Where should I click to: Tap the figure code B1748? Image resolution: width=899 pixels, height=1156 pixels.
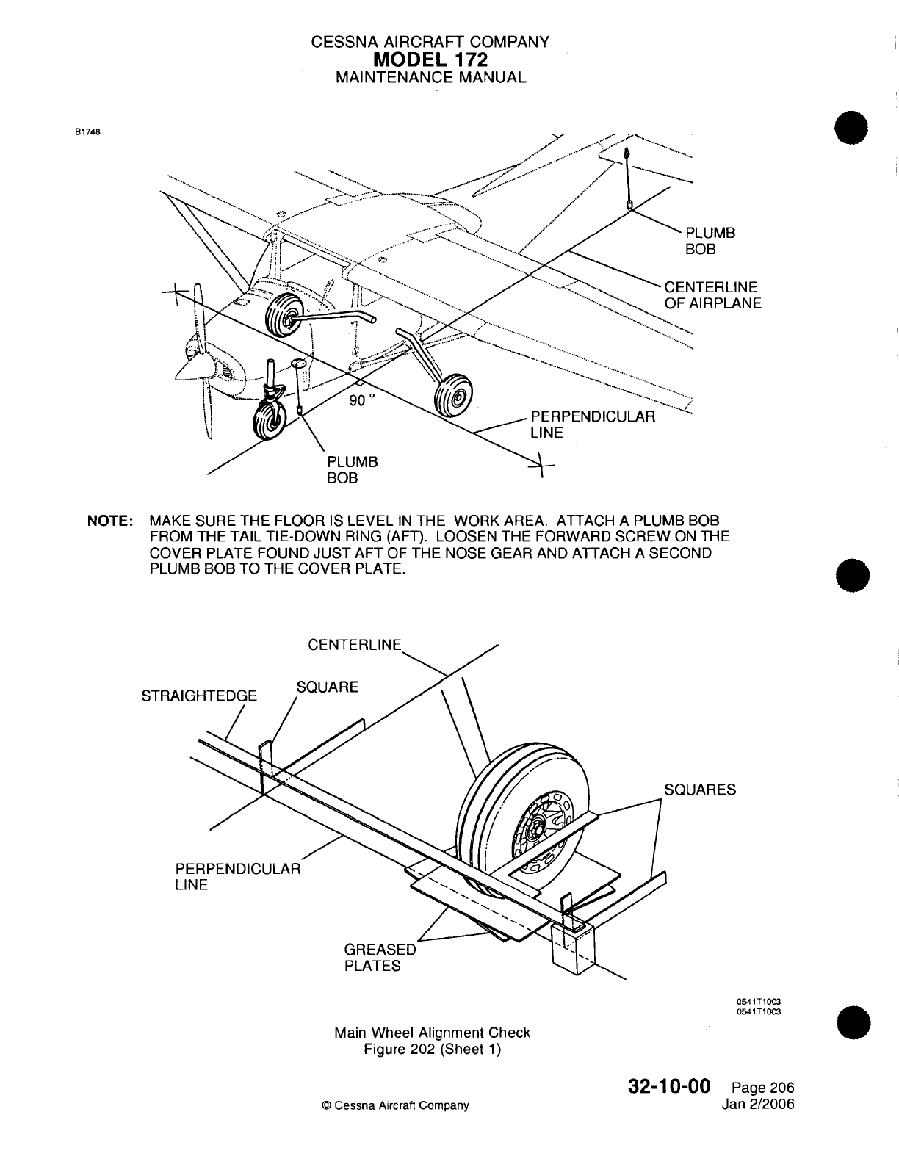pos(87,133)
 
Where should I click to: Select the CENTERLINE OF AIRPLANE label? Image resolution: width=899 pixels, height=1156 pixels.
pos(712,295)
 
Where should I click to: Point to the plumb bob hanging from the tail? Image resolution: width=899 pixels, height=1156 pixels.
pos(628,178)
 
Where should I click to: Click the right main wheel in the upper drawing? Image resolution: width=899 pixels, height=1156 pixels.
pos(451,394)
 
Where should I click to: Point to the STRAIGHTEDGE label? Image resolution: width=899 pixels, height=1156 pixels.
pos(199,696)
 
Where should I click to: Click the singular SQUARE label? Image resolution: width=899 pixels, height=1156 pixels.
pos(327,687)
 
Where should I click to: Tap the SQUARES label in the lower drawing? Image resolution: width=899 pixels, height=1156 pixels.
pos(699,790)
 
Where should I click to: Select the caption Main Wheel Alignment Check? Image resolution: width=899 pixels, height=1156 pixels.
pos(432,1033)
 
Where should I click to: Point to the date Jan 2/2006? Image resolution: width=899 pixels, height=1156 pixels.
pos(759,1104)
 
